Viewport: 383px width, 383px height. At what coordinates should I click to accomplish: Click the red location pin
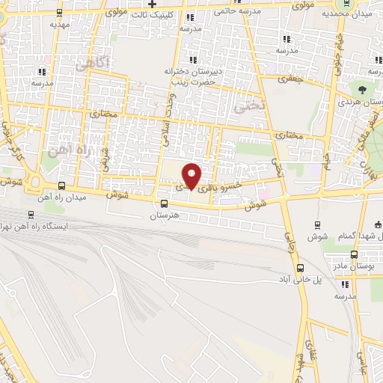click(x=192, y=176)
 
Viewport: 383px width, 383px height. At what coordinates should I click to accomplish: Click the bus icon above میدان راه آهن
click(x=61, y=186)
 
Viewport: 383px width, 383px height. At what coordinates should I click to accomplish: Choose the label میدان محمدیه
click(x=348, y=13)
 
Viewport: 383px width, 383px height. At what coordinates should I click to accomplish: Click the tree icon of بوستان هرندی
click(x=362, y=88)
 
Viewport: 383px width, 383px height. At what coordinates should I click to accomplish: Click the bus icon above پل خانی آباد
click(x=301, y=268)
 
